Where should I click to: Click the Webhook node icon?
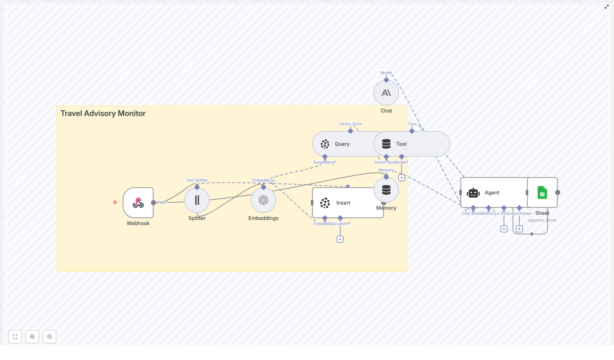pos(138,203)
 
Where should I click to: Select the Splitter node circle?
pos(197,200)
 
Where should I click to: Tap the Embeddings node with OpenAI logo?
pos(263,200)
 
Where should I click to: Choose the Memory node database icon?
pos(386,190)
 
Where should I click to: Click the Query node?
pos(342,144)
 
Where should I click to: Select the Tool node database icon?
pos(386,144)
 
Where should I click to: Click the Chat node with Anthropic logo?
pos(386,92)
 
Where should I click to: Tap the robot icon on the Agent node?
pos(473,193)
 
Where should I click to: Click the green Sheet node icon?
pos(542,192)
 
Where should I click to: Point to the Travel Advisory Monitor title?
pos(103,113)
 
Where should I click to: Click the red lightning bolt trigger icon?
pos(115,202)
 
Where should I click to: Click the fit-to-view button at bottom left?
pos(15,337)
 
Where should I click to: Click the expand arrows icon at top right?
pos(606,7)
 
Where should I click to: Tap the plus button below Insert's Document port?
pos(340,239)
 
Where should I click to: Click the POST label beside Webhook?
pos(162,203)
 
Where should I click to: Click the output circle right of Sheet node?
pos(558,192)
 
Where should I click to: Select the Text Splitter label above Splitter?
pos(197,180)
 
